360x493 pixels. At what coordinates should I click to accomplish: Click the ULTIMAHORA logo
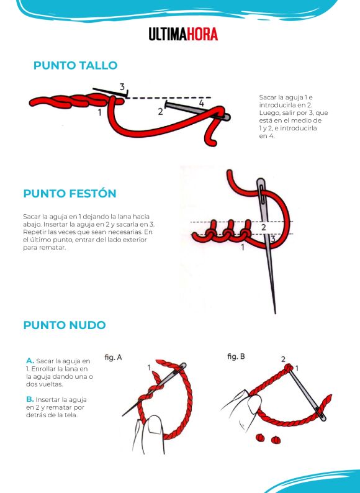[183, 34]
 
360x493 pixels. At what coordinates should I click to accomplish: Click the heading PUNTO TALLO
[76, 65]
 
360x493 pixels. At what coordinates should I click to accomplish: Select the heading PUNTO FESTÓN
[70, 193]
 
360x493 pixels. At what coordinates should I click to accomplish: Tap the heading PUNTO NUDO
[65, 325]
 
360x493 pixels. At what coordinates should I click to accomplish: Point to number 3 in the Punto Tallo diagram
[122, 86]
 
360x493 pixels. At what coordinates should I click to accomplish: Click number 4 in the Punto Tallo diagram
[201, 103]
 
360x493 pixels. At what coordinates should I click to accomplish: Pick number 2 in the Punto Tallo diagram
[160, 111]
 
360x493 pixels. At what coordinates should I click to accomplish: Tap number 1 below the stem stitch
[100, 112]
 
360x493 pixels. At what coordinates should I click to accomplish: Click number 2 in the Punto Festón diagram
[263, 227]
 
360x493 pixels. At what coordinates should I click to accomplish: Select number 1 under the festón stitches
[243, 248]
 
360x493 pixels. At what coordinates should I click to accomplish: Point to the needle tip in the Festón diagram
[275, 312]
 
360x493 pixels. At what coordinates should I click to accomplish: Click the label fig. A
[113, 357]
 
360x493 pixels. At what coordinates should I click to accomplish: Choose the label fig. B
[236, 356]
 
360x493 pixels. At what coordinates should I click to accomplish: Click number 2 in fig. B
[283, 359]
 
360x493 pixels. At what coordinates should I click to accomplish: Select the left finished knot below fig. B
[260, 437]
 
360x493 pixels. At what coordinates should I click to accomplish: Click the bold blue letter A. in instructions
[30, 361]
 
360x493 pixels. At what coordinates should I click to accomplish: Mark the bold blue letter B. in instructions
[30, 399]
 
